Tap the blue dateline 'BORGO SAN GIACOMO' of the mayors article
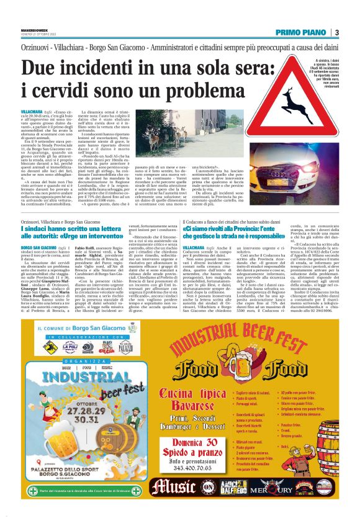(37, 247)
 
